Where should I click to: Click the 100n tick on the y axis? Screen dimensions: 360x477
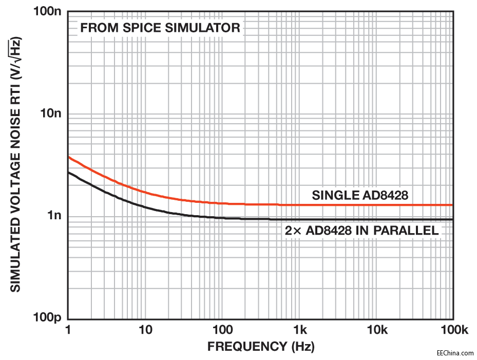47,11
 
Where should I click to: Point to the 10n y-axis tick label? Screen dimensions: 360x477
50,113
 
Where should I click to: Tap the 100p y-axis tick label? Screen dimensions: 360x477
47,318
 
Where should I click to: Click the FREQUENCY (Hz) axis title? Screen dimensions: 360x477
260,347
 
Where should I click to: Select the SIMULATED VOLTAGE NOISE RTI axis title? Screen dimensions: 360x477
16,164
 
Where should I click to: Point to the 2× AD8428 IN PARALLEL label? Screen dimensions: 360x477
362,231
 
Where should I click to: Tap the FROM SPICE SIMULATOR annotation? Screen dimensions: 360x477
160,28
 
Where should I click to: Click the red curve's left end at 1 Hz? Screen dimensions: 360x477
69,157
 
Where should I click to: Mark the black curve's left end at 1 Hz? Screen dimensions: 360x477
69,172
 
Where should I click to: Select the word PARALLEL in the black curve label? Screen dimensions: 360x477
411,231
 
